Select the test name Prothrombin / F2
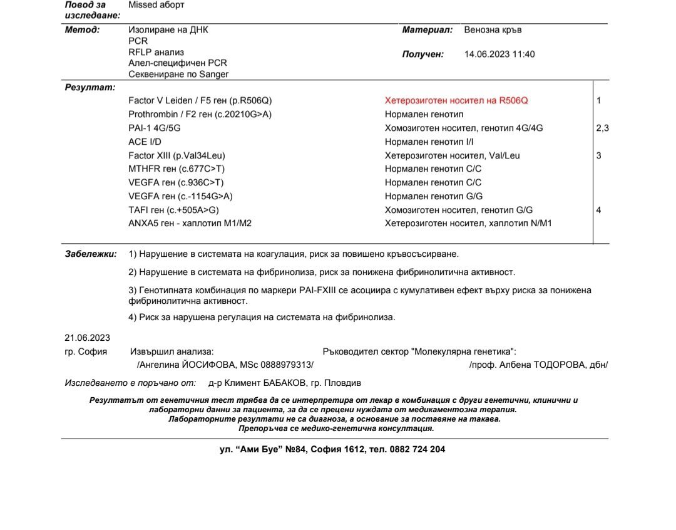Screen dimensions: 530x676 point(200,114)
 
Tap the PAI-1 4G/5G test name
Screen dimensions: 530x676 point(155,128)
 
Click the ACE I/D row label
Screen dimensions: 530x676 point(146,142)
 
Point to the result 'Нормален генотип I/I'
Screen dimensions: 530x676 point(429,142)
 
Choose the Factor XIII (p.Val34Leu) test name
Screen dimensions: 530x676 point(177,155)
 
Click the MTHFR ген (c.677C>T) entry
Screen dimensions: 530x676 point(176,169)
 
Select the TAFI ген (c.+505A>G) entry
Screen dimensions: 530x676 point(173,210)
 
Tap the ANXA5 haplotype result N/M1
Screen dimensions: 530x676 point(468,223)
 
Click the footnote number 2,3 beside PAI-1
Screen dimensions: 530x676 point(602,128)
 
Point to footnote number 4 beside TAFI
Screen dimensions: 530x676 point(598,210)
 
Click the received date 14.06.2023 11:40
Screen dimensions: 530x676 point(499,55)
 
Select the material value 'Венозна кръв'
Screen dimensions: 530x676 point(493,29)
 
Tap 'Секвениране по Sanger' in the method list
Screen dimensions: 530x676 point(178,74)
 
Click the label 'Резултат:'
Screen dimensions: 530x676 point(81,88)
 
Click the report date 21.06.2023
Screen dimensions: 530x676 point(87,338)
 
